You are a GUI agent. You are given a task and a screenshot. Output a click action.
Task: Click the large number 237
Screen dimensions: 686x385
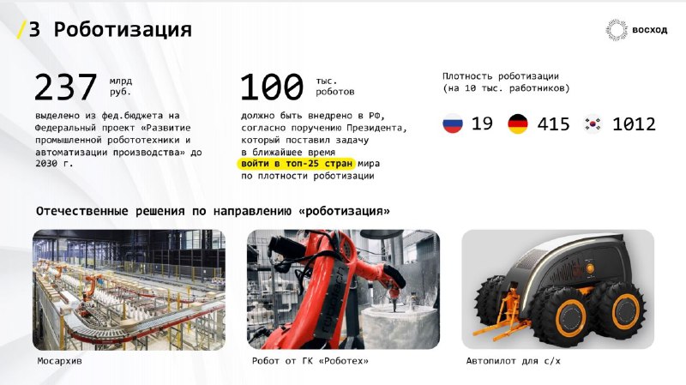66,87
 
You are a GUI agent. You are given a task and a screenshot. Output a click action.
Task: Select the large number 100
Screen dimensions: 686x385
272,87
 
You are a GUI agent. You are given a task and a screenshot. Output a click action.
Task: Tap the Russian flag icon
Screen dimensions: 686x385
453,123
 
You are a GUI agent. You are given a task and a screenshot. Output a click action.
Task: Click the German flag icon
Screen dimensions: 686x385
518,123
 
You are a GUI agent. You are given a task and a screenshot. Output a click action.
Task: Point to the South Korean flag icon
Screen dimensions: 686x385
593,123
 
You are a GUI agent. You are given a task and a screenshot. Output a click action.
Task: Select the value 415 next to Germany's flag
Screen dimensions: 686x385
553,124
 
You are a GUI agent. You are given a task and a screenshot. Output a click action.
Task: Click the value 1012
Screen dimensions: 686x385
634,124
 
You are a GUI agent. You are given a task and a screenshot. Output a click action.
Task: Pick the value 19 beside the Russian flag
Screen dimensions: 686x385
482,123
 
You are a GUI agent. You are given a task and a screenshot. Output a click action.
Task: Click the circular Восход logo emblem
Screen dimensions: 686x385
617,30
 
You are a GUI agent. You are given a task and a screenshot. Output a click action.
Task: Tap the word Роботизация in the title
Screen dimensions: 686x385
123,30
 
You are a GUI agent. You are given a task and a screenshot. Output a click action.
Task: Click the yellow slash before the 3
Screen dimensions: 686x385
21,29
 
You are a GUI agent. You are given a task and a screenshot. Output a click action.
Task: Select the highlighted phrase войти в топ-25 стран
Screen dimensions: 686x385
297,164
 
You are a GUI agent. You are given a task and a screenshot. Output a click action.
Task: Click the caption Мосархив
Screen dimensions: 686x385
59,361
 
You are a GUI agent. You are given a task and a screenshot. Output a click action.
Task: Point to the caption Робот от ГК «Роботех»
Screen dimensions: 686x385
310,361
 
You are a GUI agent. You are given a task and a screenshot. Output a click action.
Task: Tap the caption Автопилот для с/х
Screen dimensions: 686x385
513,361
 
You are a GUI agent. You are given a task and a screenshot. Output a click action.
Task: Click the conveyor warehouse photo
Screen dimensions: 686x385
129,290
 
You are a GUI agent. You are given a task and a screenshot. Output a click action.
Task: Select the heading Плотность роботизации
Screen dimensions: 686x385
501,76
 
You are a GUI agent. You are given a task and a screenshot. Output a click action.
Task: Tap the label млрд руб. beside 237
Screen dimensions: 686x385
121,87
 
